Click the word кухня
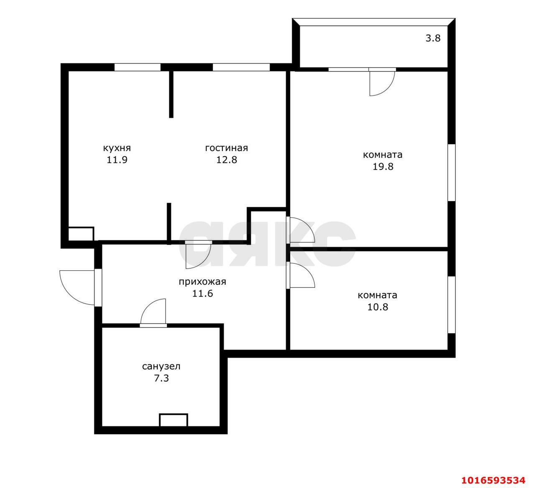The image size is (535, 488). coord(117,148)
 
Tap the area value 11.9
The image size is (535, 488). coord(117,160)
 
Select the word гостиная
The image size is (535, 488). coord(227,148)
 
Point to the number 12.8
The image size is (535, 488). coord(227,160)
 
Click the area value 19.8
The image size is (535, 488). coord(383,167)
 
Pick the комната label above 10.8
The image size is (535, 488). coord(377,295)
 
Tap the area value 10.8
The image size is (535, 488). coord(378,307)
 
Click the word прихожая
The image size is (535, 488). coord(202,282)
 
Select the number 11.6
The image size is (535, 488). coord(202,294)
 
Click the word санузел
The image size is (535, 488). coord(161,366)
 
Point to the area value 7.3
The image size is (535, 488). coord(161,379)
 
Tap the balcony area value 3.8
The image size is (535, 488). coord(433,38)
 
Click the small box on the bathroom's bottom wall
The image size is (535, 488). coord(173,420)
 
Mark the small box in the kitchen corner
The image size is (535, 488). coord(81,234)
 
